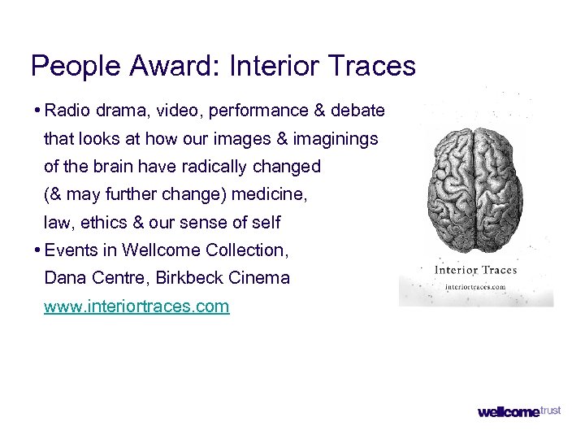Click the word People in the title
pos(69,66)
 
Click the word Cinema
pos(259,278)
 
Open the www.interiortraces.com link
pos(136,306)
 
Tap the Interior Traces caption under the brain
pos(476,270)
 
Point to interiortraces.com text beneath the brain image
pos(476,287)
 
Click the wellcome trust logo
pos(519,412)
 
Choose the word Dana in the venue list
pos(61,278)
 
